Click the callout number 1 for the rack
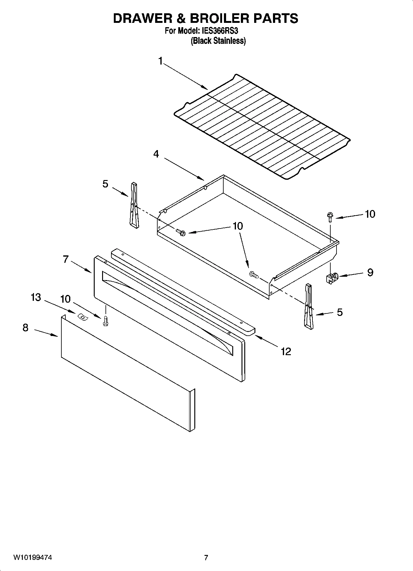tap(160, 61)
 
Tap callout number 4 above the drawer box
tap(156, 154)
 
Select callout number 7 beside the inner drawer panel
tap(66, 259)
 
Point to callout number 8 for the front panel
tap(26, 328)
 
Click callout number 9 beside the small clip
tap(370, 272)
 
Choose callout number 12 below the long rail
tap(286, 351)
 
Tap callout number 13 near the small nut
tap(36, 297)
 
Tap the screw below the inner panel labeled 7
tap(105, 321)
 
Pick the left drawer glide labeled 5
tap(134, 205)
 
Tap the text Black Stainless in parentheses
tap(218, 41)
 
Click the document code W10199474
tap(32, 558)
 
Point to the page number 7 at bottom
tap(206, 558)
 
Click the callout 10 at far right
tap(370, 214)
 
